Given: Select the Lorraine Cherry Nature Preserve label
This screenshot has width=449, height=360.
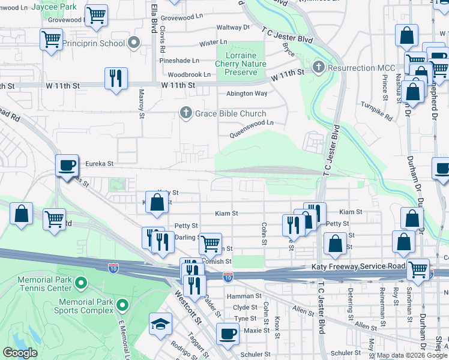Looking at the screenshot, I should (240, 63).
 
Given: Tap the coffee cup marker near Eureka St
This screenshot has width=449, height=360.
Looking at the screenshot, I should (67, 164).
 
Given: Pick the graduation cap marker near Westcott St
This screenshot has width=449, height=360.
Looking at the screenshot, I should (160, 325).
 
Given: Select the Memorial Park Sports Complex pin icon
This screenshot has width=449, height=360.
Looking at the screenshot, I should (122, 306).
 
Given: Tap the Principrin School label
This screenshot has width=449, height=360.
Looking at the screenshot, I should (96, 43).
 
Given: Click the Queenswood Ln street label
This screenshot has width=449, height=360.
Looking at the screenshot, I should (251, 122).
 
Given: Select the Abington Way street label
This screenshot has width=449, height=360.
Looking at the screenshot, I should (247, 94).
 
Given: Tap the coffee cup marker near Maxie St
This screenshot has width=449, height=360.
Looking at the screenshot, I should (228, 333).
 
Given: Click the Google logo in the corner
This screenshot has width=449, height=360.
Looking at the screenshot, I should (20, 353).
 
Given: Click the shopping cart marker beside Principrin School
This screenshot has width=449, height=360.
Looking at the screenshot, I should (51, 39).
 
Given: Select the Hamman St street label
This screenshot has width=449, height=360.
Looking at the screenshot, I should (244, 296).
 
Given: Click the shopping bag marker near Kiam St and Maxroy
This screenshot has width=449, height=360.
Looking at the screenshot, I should (157, 202).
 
